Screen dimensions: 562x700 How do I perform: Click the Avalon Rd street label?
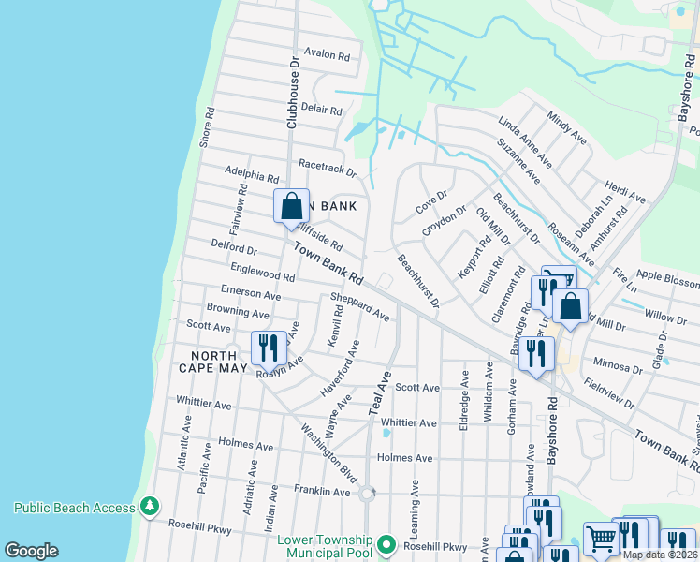[x=326, y=55]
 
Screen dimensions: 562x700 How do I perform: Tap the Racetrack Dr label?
[x=328, y=169]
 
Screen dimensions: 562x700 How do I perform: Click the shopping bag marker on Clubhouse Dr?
[x=291, y=207]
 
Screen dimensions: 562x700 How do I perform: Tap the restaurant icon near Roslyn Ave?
[x=269, y=348]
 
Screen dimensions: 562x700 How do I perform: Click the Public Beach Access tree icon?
[x=149, y=508]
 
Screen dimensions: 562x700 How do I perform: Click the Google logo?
[x=32, y=551]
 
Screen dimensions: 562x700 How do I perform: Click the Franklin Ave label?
[x=321, y=491]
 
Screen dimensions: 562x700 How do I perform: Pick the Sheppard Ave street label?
[x=359, y=307]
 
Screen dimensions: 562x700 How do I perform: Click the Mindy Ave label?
[x=567, y=128]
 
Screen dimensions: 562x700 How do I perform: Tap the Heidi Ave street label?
[x=625, y=193]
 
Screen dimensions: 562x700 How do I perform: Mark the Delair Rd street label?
[x=321, y=110]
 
